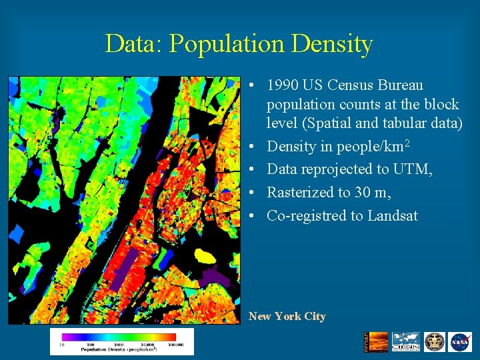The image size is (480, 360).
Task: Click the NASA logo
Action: coord(460,342)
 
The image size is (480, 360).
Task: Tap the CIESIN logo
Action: coord(405,342)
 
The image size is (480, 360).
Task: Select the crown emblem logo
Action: coord(435,342)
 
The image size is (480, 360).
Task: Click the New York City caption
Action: coord(287,317)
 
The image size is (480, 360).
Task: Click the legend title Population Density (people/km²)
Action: coord(119,349)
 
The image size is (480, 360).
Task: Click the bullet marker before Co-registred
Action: coord(255,216)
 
